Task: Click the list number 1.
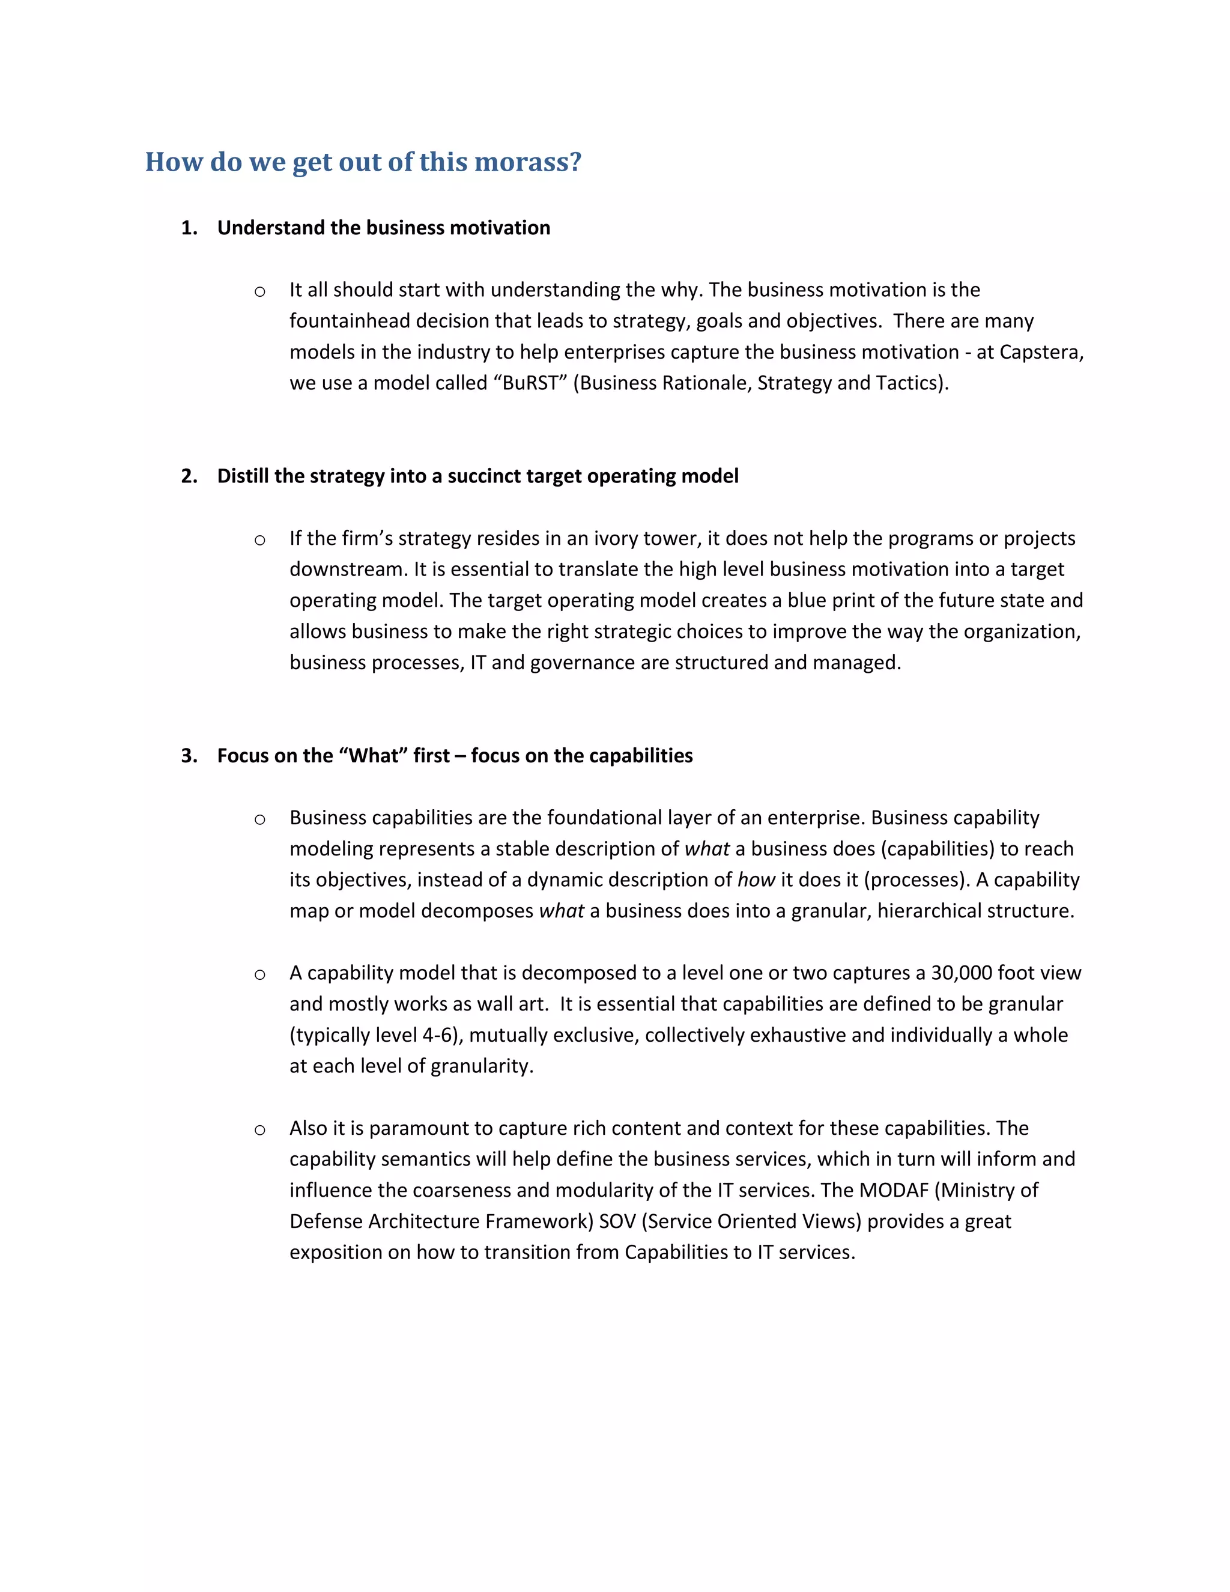click(188, 228)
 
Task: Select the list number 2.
click(188, 476)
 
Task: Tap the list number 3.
click(188, 756)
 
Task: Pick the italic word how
click(756, 880)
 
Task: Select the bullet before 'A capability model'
click(259, 975)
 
